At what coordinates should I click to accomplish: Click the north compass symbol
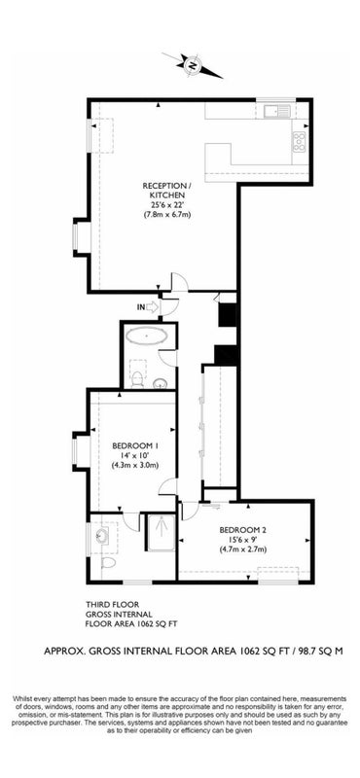click(193, 64)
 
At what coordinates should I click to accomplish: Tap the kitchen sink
click(277, 112)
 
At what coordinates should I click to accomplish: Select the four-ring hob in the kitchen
click(300, 142)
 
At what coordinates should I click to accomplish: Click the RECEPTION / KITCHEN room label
click(163, 190)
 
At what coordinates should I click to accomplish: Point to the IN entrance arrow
click(148, 307)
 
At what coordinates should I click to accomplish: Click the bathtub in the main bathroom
click(148, 336)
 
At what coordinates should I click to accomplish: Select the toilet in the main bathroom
click(136, 377)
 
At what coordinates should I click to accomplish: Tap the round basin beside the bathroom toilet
click(160, 383)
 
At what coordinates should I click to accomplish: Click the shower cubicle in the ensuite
click(161, 532)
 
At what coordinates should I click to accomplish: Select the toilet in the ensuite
click(108, 562)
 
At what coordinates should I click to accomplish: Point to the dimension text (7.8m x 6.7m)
click(164, 214)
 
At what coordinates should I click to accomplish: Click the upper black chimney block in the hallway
click(229, 314)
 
